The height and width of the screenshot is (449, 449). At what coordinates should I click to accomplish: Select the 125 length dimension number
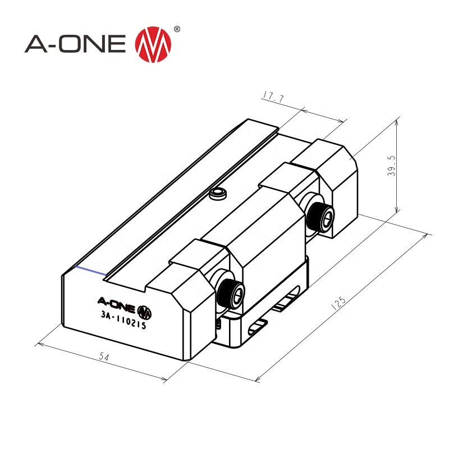coord(339,304)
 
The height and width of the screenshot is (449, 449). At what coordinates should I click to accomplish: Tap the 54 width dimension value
coord(104,356)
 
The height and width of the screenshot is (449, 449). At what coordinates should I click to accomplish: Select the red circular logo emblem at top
coord(153,45)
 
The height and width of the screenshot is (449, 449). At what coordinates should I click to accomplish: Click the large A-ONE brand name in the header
coord(76,45)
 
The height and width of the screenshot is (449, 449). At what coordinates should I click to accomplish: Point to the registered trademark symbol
coord(177,29)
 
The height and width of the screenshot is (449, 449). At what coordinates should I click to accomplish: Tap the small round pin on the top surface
coord(217,194)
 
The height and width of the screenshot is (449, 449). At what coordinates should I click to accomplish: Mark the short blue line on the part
coord(90,272)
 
